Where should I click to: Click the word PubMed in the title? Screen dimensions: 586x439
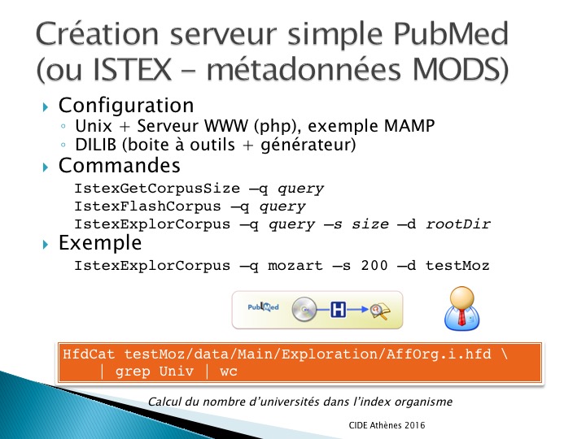coord(451,33)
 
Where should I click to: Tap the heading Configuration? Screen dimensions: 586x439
coord(126,106)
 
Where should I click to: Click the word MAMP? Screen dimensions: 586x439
coord(409,126)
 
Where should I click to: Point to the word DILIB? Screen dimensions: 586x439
coord(96,145)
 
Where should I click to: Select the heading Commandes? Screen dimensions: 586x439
coord(119,165)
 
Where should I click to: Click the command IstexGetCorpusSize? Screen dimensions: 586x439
coord(157,188)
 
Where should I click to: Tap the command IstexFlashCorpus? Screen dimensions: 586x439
coord(147,206)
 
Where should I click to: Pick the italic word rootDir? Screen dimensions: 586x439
coord(457,224)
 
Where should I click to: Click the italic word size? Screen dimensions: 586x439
coord(370,224)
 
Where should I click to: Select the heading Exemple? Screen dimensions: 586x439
coord(100,243)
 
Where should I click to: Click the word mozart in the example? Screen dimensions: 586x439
coord(295,266)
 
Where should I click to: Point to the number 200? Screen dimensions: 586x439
coord(374,265)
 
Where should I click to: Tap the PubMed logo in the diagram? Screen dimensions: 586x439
coord(263,307)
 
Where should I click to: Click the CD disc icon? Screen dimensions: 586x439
coord(304,310)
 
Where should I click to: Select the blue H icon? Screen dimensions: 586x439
coord(338,310)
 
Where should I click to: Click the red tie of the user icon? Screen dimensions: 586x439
coord(462,317)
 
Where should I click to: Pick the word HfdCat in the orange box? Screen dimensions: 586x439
coord(89,354)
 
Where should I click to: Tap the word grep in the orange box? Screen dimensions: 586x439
coord(133,372)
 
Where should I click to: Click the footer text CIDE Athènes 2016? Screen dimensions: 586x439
coord(387,425)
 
